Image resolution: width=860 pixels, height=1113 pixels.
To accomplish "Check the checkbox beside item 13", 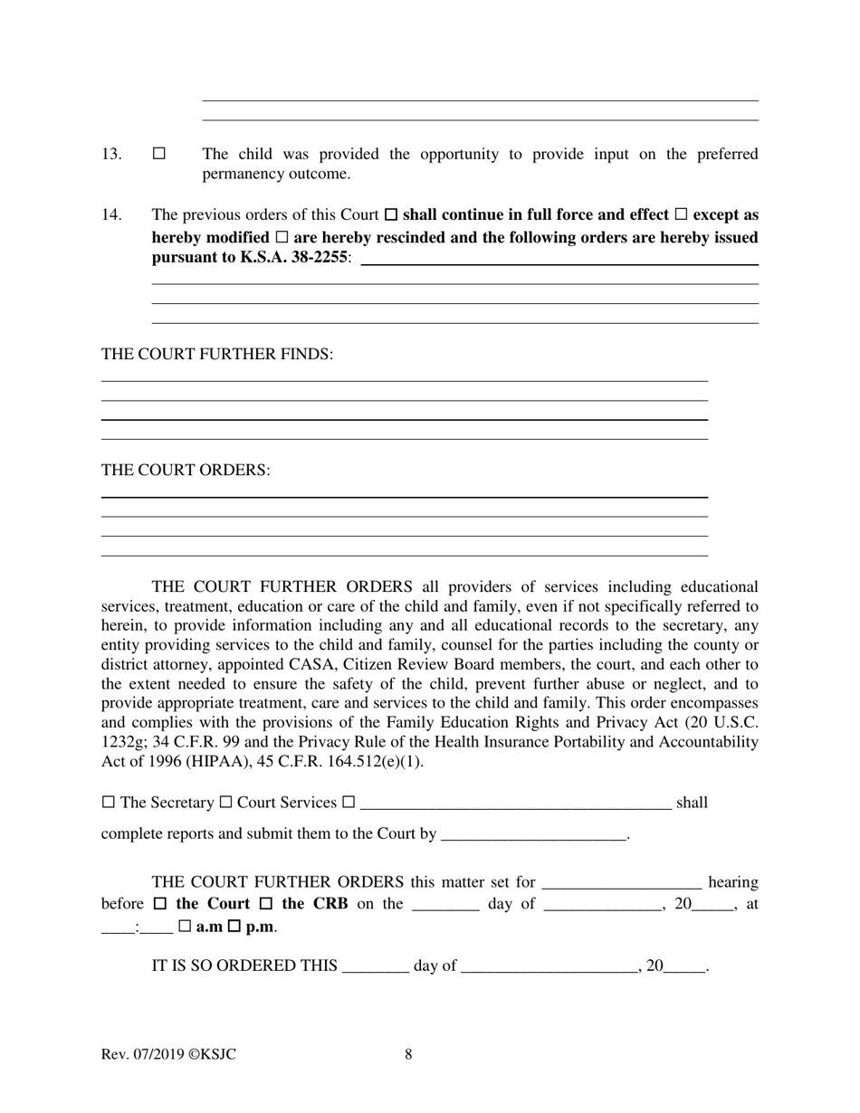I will (x=159, y=154).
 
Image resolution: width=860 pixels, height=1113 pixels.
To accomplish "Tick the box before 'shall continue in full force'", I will (x=391, y=215).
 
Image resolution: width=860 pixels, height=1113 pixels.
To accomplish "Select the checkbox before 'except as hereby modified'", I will (x=682, y=215).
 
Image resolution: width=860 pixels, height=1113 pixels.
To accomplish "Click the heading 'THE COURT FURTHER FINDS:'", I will (x=217, y=354).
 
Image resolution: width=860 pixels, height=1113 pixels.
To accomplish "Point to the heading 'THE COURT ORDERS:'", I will (x=186, y=471).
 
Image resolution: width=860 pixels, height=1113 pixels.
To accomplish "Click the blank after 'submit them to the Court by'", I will (x=533, y=834).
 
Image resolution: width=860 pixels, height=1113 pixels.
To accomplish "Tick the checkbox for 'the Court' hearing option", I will (x=160, y=904).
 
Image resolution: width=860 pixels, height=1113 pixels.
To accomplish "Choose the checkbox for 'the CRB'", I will (x=266, y=904).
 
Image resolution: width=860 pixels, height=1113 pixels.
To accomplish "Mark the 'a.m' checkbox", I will (x=185, y=927).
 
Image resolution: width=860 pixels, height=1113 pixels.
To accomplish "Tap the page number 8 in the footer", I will (x=409, y=1054).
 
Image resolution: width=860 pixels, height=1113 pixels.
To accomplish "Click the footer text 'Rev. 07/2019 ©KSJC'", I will (x=169, y=1054).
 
